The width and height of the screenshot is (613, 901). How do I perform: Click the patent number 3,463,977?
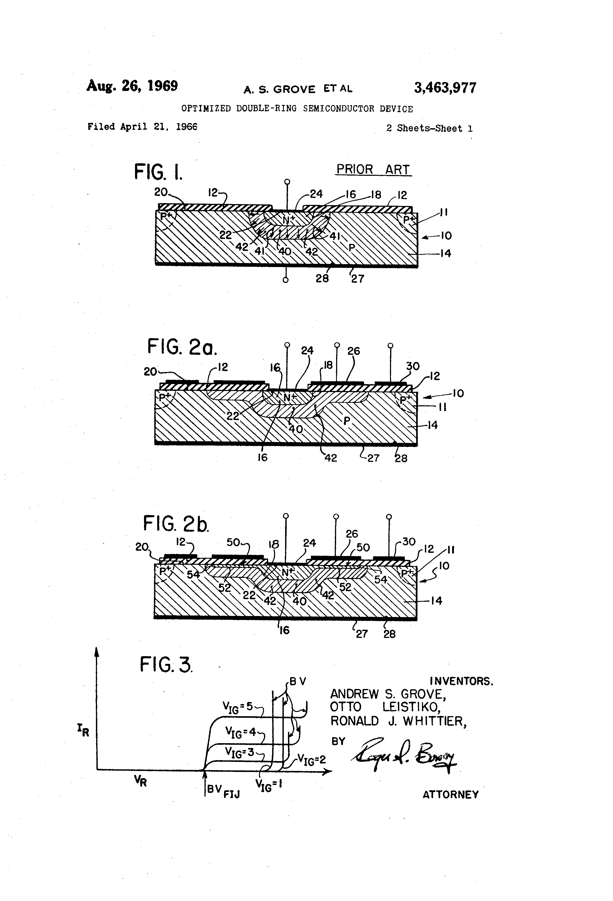pyautogui.click(x=445, y=88)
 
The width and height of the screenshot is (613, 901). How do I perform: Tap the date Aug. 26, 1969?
pyautogui.click(x=132, y=86)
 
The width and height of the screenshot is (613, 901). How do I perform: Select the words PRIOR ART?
pyautogui.click(x=373, y=169)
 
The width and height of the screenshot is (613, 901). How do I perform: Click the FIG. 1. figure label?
pyautogui.click(x=158, y=172)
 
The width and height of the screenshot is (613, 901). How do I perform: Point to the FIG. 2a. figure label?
pyautogui.click(x=182, y=347)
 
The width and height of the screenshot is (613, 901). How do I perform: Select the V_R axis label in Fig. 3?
pyautogui.click(x=141, y=781)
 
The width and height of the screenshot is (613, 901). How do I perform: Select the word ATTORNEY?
pyautogui.click(x=450, y=794)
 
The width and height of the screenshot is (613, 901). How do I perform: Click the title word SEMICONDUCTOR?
pyautogui.click(x=339, y=109)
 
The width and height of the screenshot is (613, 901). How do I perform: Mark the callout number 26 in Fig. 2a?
pyautogui.click(x=353, y=351)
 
